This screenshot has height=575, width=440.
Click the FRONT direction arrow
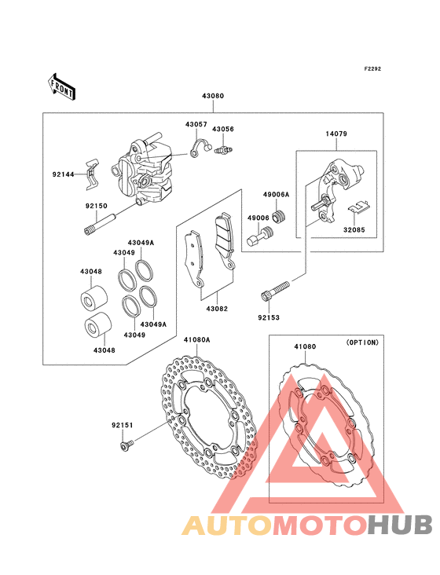(61, 87)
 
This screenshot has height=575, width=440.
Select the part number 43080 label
(213, 96)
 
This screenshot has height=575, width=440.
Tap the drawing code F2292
(372, 68)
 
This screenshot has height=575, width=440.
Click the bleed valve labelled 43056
(223, 148)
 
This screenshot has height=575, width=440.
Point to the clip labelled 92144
(93, 174)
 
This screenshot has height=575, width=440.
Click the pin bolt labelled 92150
(100, 225)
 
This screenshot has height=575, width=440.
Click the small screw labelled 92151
(126, 445)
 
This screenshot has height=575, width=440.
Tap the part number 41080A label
(197, 340)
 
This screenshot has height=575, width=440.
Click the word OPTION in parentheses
(362, 342)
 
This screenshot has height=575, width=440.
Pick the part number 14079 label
(336, 134)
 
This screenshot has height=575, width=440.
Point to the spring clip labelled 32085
(359, 207)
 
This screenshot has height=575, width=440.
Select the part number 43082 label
(217, 309)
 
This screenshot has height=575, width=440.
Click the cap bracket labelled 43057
(200, 148)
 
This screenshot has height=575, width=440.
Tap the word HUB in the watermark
(401, 525)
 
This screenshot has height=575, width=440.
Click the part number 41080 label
(305, 346)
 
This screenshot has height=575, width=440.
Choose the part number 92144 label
(63, 174)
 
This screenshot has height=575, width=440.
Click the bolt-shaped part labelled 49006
(259, 236)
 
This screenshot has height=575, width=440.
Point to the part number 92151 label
(123, 426)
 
